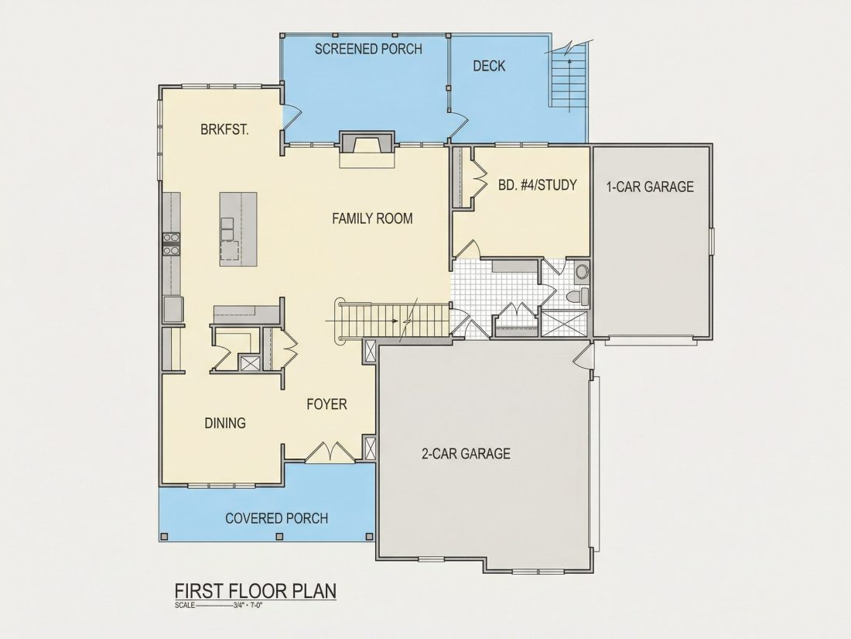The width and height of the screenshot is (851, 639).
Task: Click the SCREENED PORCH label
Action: tap(368, 49)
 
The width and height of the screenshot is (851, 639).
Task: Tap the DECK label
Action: tap(489, 66)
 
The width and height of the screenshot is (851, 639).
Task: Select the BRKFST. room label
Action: tap(224, 130)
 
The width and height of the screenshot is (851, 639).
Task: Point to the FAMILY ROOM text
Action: tap(372, 218)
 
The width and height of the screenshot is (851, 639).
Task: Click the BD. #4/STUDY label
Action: tap(538, 185)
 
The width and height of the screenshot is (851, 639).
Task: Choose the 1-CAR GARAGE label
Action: tap(650, 187)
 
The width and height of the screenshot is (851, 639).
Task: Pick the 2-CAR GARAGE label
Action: tap(467, 453)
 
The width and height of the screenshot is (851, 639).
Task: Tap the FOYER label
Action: tap(326, 404)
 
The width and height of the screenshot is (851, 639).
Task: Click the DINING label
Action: tap(225, 423)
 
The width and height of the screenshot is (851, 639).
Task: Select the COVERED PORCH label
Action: tap(277, 518)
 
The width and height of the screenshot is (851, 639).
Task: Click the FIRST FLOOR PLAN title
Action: tap(255, 591)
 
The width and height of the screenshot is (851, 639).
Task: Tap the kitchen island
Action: tap(238, 228)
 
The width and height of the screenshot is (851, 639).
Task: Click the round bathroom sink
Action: tap(582, 270)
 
